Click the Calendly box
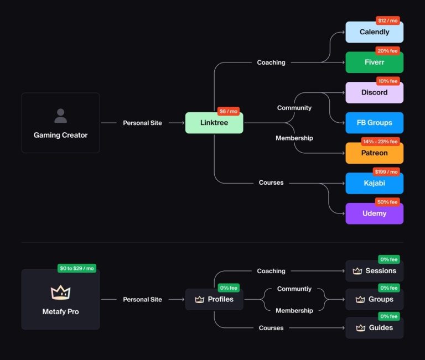tap(374, 32)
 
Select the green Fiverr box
tap(374, 62)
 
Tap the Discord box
tap(374, 92)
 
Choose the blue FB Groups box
tap(374, 123)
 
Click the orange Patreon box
tap(374, 153)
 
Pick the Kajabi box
tap(374, 183)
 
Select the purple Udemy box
tap(374, 213)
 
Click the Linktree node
tap(214, 123)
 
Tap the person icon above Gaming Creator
tap(60, 116)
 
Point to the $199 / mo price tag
tap(387, 171)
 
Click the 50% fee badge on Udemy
tap(387, 202)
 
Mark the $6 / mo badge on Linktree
tap(228, 111)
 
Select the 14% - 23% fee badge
tap(381, 142)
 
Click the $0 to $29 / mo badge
tap(77, 268)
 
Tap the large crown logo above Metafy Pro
tap(60, 292)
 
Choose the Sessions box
tap(374, 271)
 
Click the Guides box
tap(374, 328)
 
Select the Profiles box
tap(214, 299)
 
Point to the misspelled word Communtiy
tap(294, 289)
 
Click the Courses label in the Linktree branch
tap(271, 182)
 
